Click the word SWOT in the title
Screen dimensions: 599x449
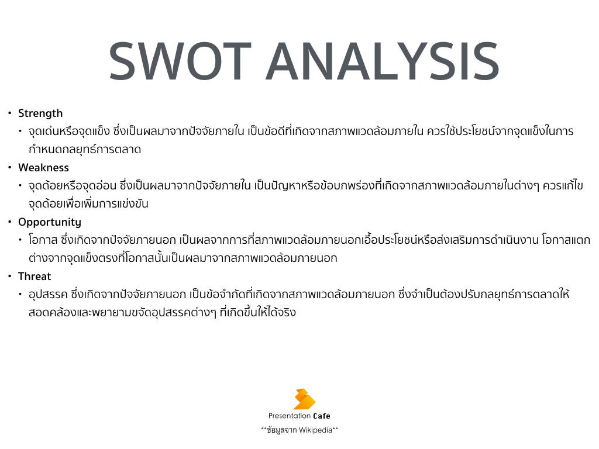pyautogui.click(x=180, y=61)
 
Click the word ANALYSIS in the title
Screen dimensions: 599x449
pyautogui.click(x=383, y=61)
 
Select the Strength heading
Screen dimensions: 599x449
pyautogui.click(x=40, y=113)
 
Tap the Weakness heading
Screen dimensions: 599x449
pyautogui.click(x=43, y=168)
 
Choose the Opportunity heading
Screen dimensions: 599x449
pyautogui.click(x=50, y=223)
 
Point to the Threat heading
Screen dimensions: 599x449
pyautogui.click(x=35, y=277)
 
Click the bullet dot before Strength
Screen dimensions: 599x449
pyautogui.click(x=10, y=113)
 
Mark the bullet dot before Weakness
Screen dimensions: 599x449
pyautogui.click(x=10, y=168)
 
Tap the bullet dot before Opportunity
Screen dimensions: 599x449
pyautogui.click(x=10, y=222)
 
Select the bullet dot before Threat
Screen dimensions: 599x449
pyautogui.click(x=10, y=277)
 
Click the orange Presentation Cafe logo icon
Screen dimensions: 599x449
pyautogui.click(x=304, y=399)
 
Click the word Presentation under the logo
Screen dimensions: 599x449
pyautogui.click(x=289, y=416)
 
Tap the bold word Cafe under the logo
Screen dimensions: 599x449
pyautogui.click(x=322, y=416)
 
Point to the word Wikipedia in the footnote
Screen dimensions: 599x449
pyautogui.click(x=315, y=430)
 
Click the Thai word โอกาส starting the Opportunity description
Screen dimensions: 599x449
pyautogui.click(x=43, y=240)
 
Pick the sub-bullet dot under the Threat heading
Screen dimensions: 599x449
pyautogui.click(x=20, y=295)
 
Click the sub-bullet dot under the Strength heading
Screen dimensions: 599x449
pyautogui.click(x=20, y=132)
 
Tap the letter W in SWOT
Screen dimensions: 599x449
pyautogui.click(x=166, y=61)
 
